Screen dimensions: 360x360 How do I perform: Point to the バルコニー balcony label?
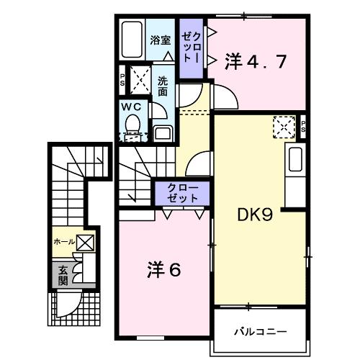pyautogui.click(x=260, y=332)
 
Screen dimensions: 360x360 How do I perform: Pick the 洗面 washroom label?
pyautogui.click(x=163, y=86)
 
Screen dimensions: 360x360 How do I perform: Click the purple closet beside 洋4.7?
pyautogui.click(x=191, y=47)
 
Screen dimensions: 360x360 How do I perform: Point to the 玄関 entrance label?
pyautogui.click(x=63, y=275)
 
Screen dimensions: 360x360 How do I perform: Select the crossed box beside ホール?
pyautogui.click(x=85, y=243)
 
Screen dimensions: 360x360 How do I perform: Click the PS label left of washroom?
pyautogui.click(x=122, y=80)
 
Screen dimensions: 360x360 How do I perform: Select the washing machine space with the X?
pyautogui.click(x=139, y=80)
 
